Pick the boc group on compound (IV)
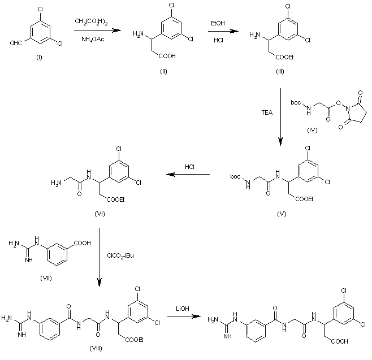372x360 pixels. (x=296, y=102)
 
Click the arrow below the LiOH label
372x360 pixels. (x=183, y=316)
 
